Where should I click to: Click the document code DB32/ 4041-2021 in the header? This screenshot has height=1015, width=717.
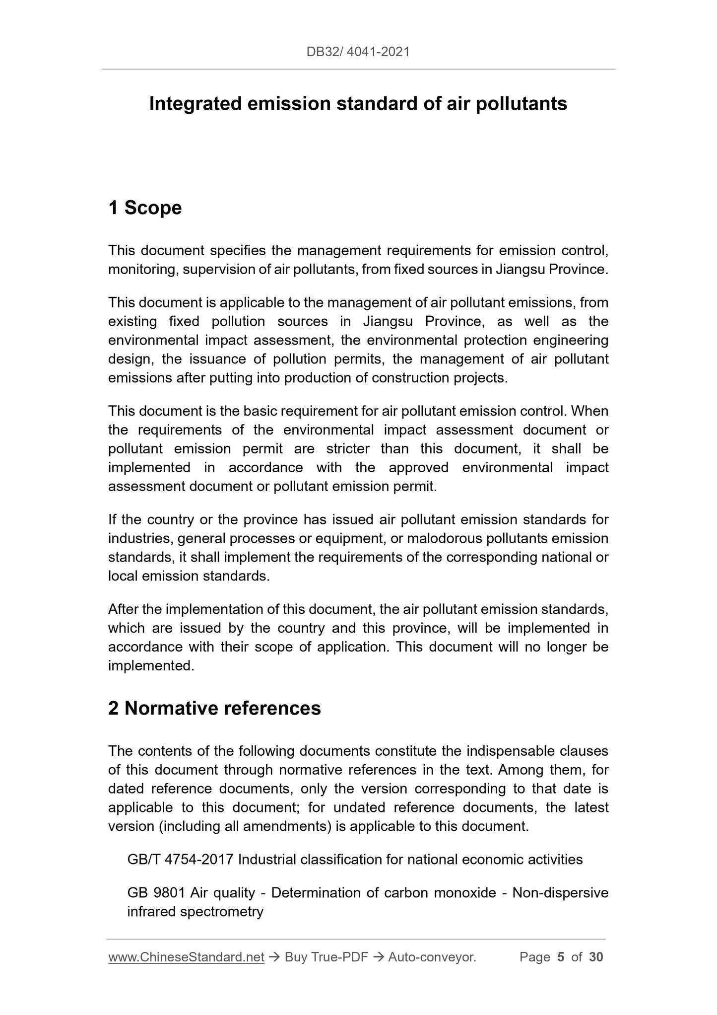coord(358,52)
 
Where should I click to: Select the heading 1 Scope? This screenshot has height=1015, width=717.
coord(145,208)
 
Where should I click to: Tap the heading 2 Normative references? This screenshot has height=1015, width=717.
coord(214,708)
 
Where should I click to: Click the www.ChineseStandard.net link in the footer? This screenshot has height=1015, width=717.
coord(186,957)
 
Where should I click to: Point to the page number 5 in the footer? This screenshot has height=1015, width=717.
coord(561,957)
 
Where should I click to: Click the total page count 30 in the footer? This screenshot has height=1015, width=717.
coord(596,957)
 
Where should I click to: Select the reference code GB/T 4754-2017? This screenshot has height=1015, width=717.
coord(180,860)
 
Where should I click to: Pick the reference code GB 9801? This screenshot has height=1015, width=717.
coord(157,893)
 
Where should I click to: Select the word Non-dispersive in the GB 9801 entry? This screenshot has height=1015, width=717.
coord(560,893)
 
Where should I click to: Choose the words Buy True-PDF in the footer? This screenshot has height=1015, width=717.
coord(326,957)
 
